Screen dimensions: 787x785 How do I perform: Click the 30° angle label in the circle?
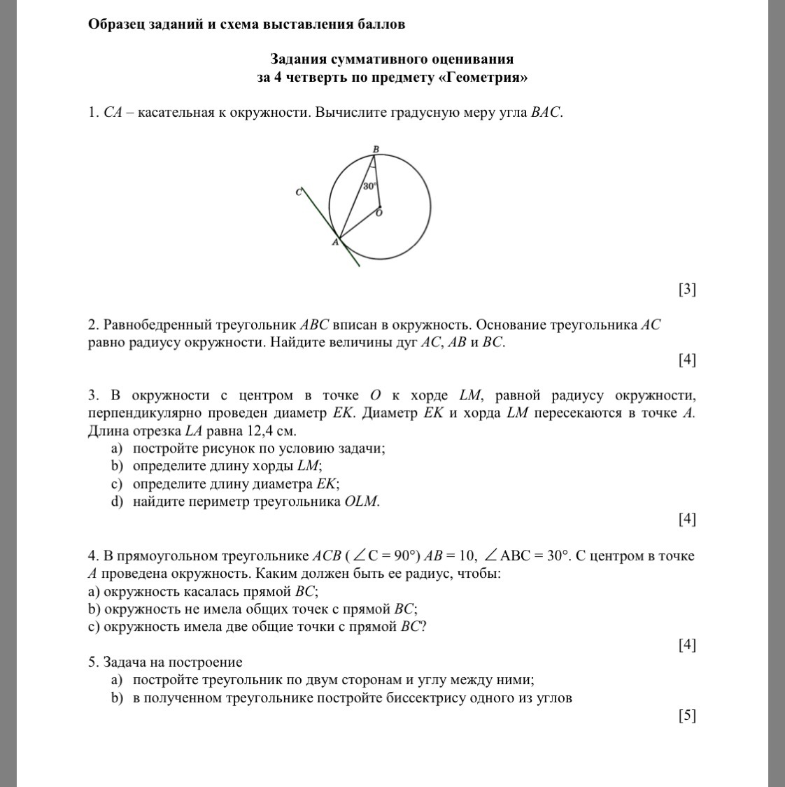pos(370,186)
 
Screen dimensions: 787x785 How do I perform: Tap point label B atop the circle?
pos(376,149)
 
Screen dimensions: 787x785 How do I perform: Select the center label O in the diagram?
pos(379,213)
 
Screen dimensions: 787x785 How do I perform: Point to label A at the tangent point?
pos(334,243)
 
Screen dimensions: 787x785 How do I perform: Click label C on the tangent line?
pos(299,192)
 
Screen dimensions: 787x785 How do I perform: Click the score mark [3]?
pos(687,289)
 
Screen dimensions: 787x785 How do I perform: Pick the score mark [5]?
pos(687,715)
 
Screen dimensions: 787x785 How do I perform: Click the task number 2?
pos(92,325)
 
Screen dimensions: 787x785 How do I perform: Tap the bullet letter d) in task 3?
pos(116,501)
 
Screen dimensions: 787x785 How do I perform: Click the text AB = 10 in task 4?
pos(450,555)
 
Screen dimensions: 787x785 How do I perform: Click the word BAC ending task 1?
pos(545,113)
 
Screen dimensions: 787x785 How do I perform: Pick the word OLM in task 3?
pos(362,501)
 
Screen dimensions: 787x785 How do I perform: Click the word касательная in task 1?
pos(174,113)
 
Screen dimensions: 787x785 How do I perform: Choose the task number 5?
pos(92,662)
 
